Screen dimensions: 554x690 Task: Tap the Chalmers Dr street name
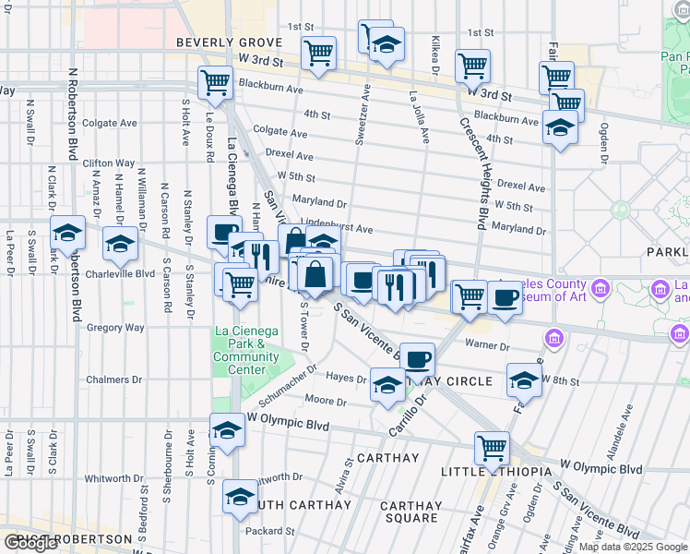point(114,379)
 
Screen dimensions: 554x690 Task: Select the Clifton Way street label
point(109,163)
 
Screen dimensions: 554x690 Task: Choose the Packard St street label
point(268,531)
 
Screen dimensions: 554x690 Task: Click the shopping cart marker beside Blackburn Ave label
point(214,82)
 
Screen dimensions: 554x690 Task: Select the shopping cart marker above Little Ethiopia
point(492,448)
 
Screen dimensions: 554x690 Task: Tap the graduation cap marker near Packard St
point(241,498)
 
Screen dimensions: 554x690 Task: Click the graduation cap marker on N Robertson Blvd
point(67,233)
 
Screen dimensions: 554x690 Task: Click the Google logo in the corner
point(30,543)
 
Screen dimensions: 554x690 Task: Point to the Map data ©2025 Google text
point(632,547)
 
